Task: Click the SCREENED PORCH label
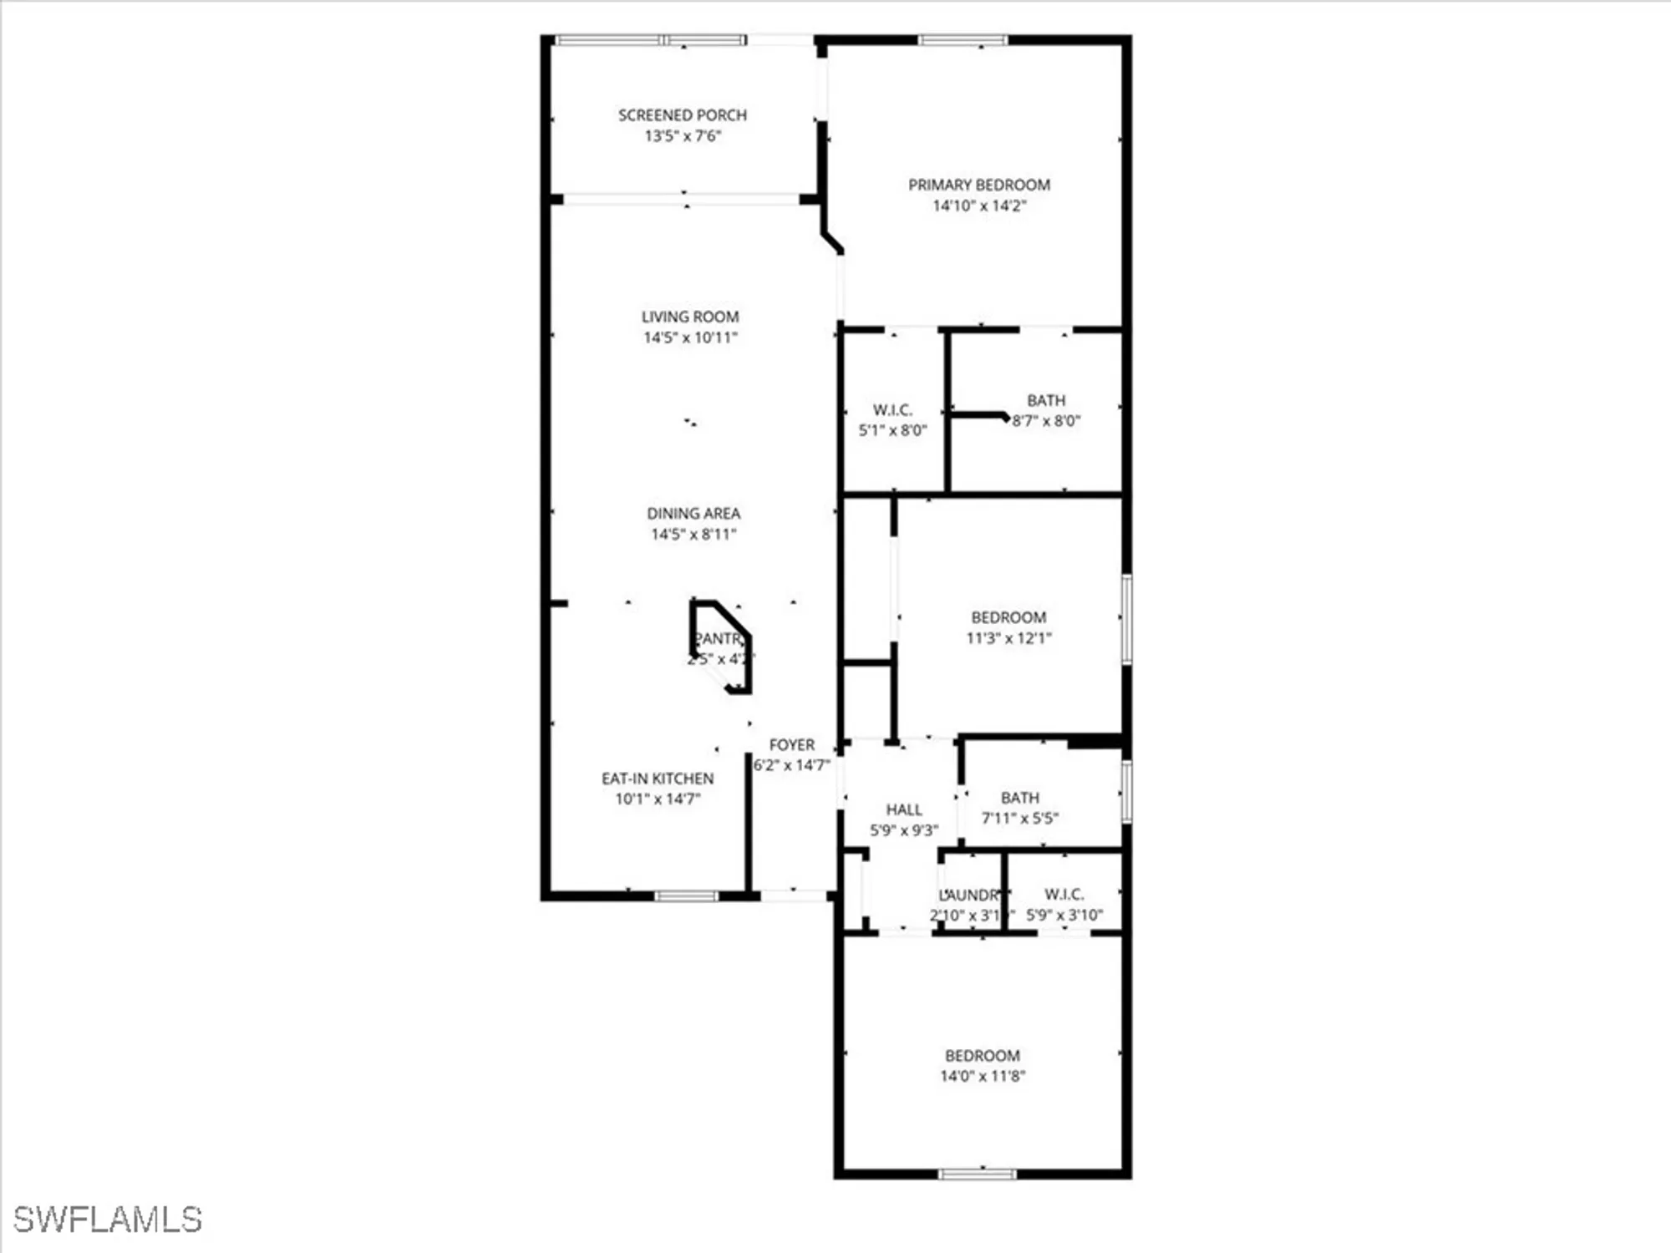pos(682,115)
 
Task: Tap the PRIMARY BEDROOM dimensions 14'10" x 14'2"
pos(979,205)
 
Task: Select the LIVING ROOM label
pos(690,317)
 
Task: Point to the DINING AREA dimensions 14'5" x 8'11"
pos(693,535)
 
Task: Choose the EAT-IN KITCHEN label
pos(658,779)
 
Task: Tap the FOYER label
pos(791,744)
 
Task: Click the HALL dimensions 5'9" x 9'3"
pos(904,830)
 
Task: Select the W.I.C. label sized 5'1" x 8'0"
pos(892,410)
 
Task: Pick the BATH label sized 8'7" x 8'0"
pos(1046,401)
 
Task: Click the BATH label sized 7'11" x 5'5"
pos(1019,798)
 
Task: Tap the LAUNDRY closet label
pos(969,895)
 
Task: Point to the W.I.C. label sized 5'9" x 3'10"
pos(1064,895)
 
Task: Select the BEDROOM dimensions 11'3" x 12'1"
pos(1008,638)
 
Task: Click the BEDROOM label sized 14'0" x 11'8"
pos(982,1056)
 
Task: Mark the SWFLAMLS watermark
pos(108,1220)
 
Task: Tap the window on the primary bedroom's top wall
pos(962,39)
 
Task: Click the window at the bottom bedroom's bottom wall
pos(978,1174)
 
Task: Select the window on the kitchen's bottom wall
pos(685,896)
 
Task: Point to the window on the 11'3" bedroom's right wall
pos(1126,619)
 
